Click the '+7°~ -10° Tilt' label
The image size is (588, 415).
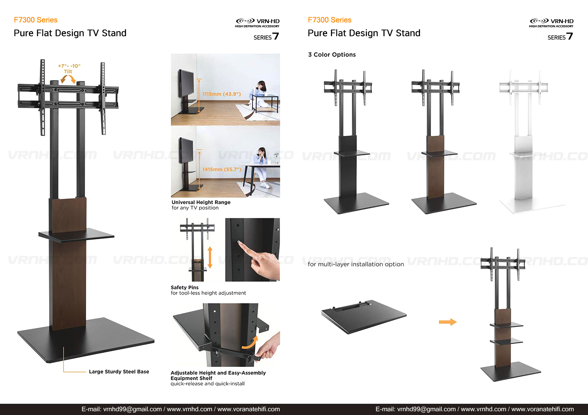[69, 68]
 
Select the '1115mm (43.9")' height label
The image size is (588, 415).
[221, 94]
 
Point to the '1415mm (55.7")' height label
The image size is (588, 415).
[222, 170]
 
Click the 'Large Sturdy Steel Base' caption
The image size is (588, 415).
[119, 371]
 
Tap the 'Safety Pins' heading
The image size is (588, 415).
[184, 287]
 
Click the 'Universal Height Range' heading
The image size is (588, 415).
[201, 202]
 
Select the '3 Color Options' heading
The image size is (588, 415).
[332, 55]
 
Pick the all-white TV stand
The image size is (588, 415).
[528, 142]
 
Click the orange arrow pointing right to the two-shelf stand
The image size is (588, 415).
[448, 322]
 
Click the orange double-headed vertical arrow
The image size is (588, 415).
[210, 257]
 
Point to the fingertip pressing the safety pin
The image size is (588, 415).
[239, 243]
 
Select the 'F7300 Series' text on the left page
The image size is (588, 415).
[35, 20]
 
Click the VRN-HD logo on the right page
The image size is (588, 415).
[551, 23]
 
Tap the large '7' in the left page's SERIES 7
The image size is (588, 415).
[276, 36]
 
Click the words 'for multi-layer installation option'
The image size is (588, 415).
[356, 264]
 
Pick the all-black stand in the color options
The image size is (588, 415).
[356, 142]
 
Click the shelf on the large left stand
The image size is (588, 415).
[76, 235]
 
